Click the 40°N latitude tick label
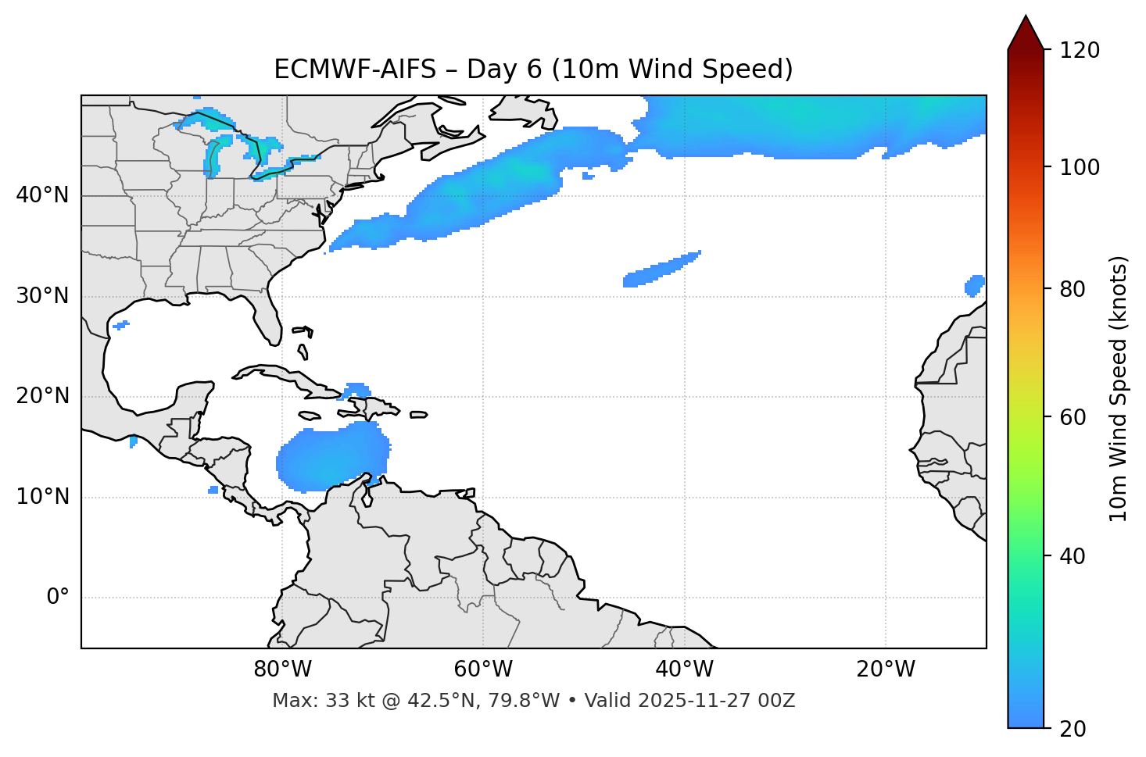[42, 195]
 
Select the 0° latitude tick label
[58, 598]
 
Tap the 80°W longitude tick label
[282, 670]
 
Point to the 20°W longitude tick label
[886, 670]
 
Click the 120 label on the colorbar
[1080, 51]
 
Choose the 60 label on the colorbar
[1074, 417]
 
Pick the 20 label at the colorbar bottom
[1074, 729]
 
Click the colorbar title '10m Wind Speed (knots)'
[1119, 389]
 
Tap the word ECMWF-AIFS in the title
[354, 70]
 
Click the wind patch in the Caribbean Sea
[332, 459]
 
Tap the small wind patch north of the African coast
[975, 285]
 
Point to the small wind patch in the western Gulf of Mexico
[120, 325]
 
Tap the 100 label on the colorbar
[1080, 167]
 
